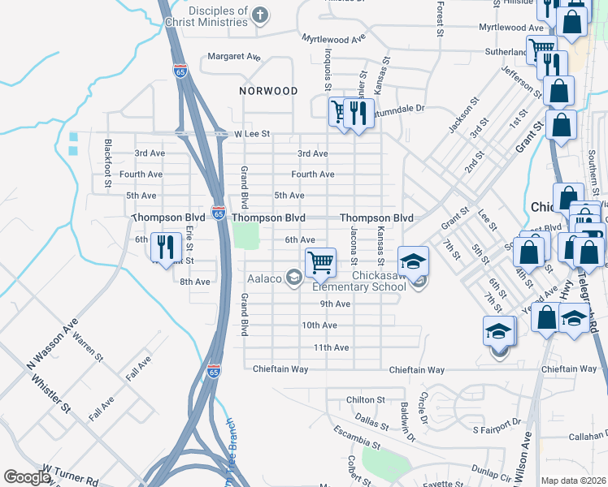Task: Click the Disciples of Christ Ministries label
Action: (x=207, y=16)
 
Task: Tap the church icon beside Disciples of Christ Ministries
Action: (x=259, y=15)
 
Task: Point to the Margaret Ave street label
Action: (x=233, y=57)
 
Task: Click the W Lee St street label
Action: (x=251, y=133)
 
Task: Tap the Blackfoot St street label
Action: (x=108, y=165)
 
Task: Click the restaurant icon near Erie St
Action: (x=166, y=247)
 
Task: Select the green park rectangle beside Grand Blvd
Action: (x=245, y=236)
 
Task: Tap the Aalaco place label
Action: (x=264, y=278)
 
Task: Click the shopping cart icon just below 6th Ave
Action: (x=321, y=261)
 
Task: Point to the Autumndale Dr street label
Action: (x=398, y=107)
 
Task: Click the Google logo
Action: (x=27, y=477)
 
